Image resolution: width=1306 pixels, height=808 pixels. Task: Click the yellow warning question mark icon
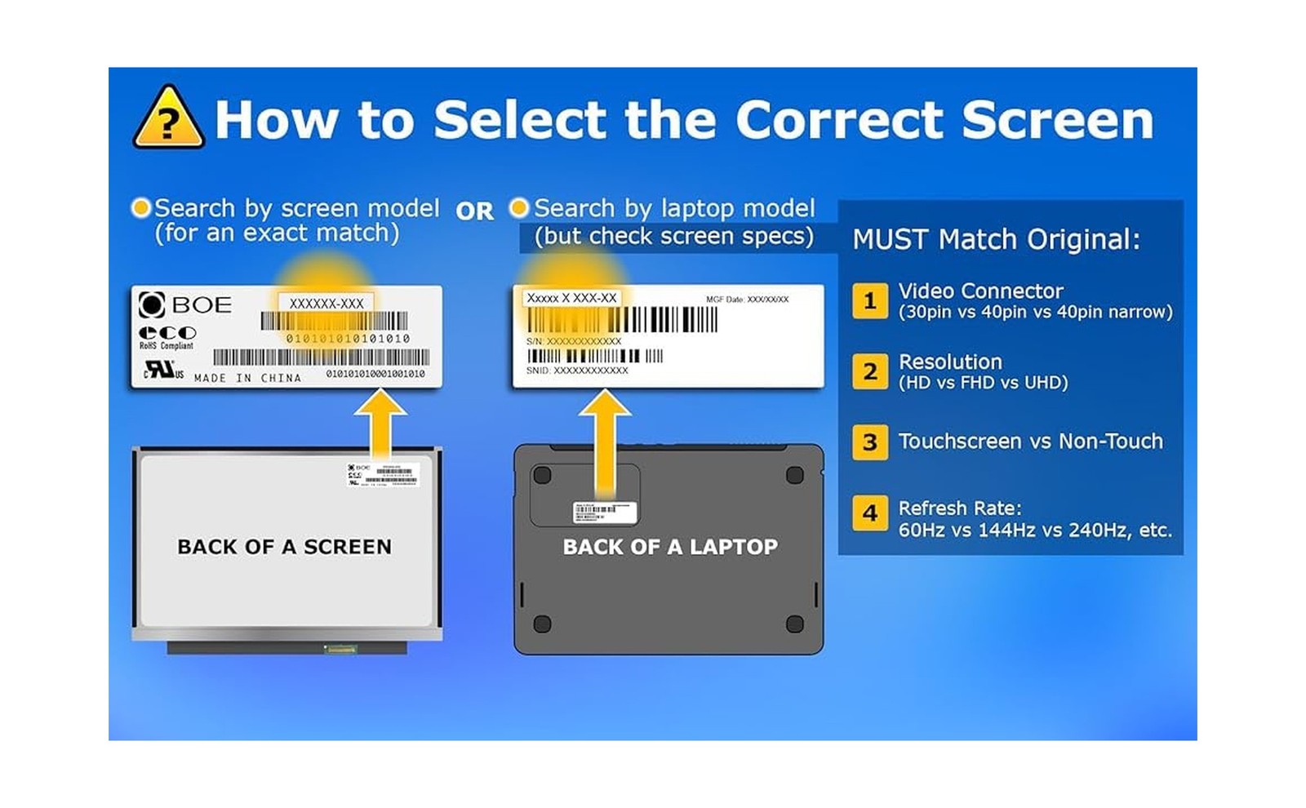pyautogui.click(x=168, y=119)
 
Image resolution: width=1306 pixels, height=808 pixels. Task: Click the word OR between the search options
pyautogui.click(x=474, y=211)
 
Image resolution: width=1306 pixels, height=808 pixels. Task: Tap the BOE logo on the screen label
pyautogui.click(x=185, y=304)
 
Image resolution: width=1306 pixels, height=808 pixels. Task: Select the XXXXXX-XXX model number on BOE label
pyautogui.click(x=326, y=303)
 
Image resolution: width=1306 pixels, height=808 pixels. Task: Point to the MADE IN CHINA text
pyautogui.click(x=247, y=378)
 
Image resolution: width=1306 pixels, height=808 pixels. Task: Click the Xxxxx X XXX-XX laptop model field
pyautogui.click(x=571, y=298)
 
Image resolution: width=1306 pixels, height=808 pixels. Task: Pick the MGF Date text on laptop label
pyautogui.click(x=747, y=300)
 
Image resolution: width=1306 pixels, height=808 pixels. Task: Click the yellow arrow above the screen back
pyautogui.click(x=381, y=424)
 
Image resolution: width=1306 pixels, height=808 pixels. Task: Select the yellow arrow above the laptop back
pyautogui.click(x=604, y=441)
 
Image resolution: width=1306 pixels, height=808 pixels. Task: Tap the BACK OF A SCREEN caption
pyautogui.click(x=284, y=547)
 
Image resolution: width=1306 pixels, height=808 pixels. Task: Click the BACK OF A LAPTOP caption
pyautogui.click(x=670, y=547)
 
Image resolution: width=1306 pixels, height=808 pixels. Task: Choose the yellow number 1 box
pyautogui.click(x=870, y=300)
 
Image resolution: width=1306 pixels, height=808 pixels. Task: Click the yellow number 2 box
pyautogui.click(x=870, y=371)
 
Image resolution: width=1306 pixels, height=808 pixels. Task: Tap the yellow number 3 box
pyautogui.click(x=870, y=442)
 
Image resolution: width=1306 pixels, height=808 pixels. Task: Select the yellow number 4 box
pyautogui.click(x=870, y=513)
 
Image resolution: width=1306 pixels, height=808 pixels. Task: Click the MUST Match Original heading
pyautogui.click(x=996, y=239)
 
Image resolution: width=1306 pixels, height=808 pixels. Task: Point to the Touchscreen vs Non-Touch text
pyautogui.click(x=1030, y=442)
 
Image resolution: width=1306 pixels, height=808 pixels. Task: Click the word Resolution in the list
pyautogui.click(x=950, y=362)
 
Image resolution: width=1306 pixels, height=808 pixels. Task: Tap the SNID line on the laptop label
pyautogui.click(x=577, y=371)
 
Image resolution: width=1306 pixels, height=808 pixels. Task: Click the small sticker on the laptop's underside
pyautogui.click(x=604, y=513)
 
